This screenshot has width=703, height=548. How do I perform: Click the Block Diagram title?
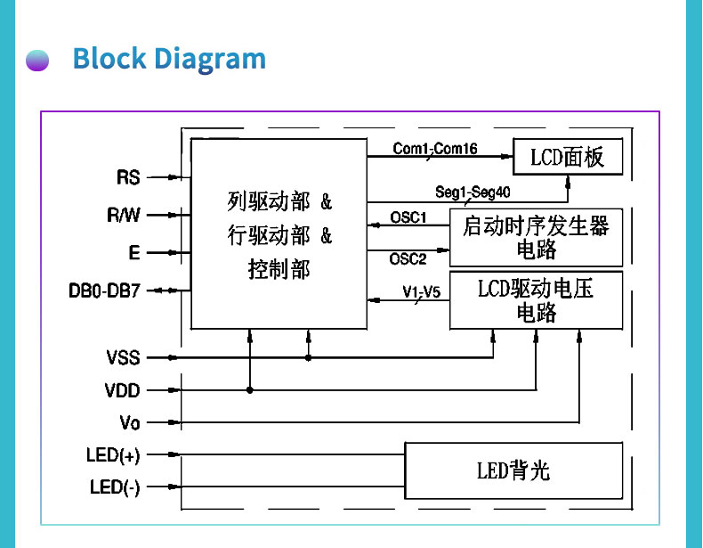coord(169,59)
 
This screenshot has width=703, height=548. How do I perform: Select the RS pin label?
coord(129,177)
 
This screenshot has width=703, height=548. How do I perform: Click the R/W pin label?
coord(124,215)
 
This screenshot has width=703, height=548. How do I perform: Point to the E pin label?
coord(134,252)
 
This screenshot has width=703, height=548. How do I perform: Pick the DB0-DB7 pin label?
coord(104,290)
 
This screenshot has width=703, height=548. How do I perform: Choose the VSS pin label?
coord(123,358)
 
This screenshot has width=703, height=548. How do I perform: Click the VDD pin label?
coord(123,390)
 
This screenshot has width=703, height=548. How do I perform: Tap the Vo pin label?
coord(129,422)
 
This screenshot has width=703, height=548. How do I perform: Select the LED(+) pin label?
coord(113,455)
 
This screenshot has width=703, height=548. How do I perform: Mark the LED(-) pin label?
coord(115,487)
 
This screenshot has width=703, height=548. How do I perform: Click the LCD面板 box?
coord(567,158)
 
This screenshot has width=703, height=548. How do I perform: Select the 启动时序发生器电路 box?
coord(536,237)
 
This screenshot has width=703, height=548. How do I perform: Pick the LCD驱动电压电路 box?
coord(536,300)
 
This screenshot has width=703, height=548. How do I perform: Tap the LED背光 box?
coord(513,470)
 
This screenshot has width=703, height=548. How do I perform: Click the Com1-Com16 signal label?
coord(435,149)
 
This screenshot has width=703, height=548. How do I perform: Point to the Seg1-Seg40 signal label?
coord(473,192)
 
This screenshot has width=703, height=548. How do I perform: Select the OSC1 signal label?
coord(408,217)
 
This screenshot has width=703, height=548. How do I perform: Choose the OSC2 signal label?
coord(408,258)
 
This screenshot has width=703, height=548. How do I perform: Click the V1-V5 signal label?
coord(421,291)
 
